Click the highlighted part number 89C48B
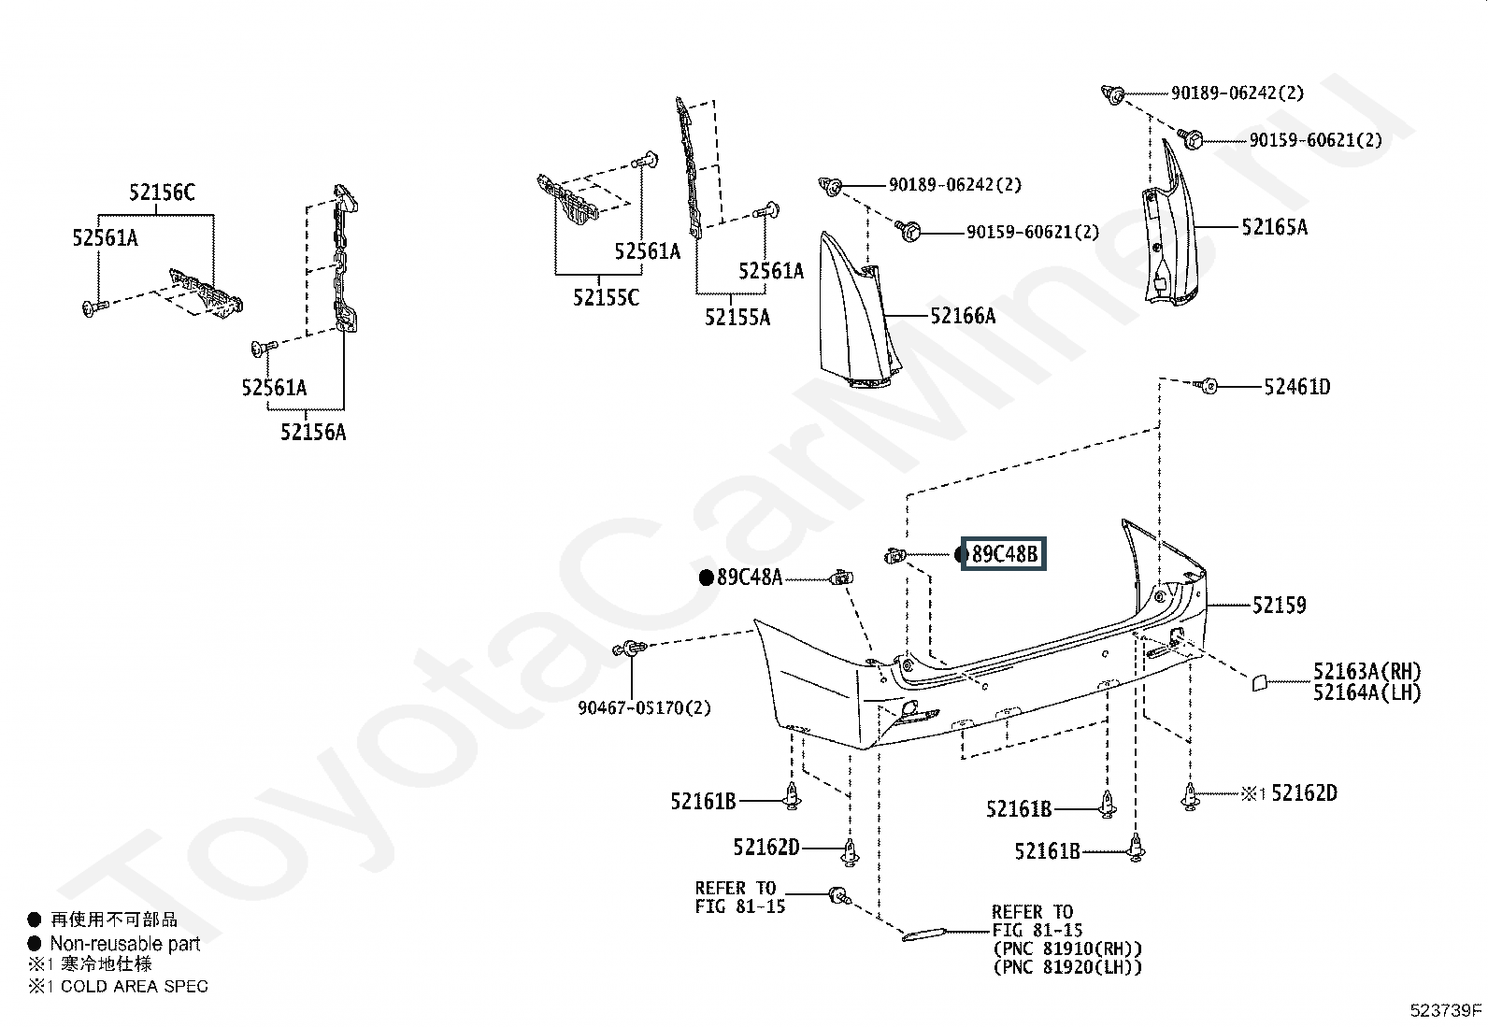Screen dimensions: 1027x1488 click(1005, 554)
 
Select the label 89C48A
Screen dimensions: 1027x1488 click(750, 578)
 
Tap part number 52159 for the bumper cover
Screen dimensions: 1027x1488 click(1279, 606)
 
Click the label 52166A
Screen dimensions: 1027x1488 click(963, 316)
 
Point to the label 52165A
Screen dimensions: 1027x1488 click(1274, 226)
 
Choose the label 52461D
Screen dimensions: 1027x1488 click(1296, 387)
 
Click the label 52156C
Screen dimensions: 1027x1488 click(162, 193)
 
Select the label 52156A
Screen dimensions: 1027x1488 click(313, 433)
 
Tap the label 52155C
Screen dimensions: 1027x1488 click(607, 298)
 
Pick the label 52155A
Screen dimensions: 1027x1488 click(737, 318)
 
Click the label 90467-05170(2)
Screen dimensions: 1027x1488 click(644, 708)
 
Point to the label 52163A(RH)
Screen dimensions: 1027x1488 click(1366, 671)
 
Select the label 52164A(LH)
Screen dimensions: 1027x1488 click(1366, 692)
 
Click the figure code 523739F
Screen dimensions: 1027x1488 click(1447, 1010)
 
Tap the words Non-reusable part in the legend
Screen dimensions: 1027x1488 click(125, 944)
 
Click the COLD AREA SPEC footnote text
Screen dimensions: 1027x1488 click(135, 986)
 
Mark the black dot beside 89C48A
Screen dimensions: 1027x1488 click(707, 578)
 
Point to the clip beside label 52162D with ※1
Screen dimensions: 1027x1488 click(1190, 796)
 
